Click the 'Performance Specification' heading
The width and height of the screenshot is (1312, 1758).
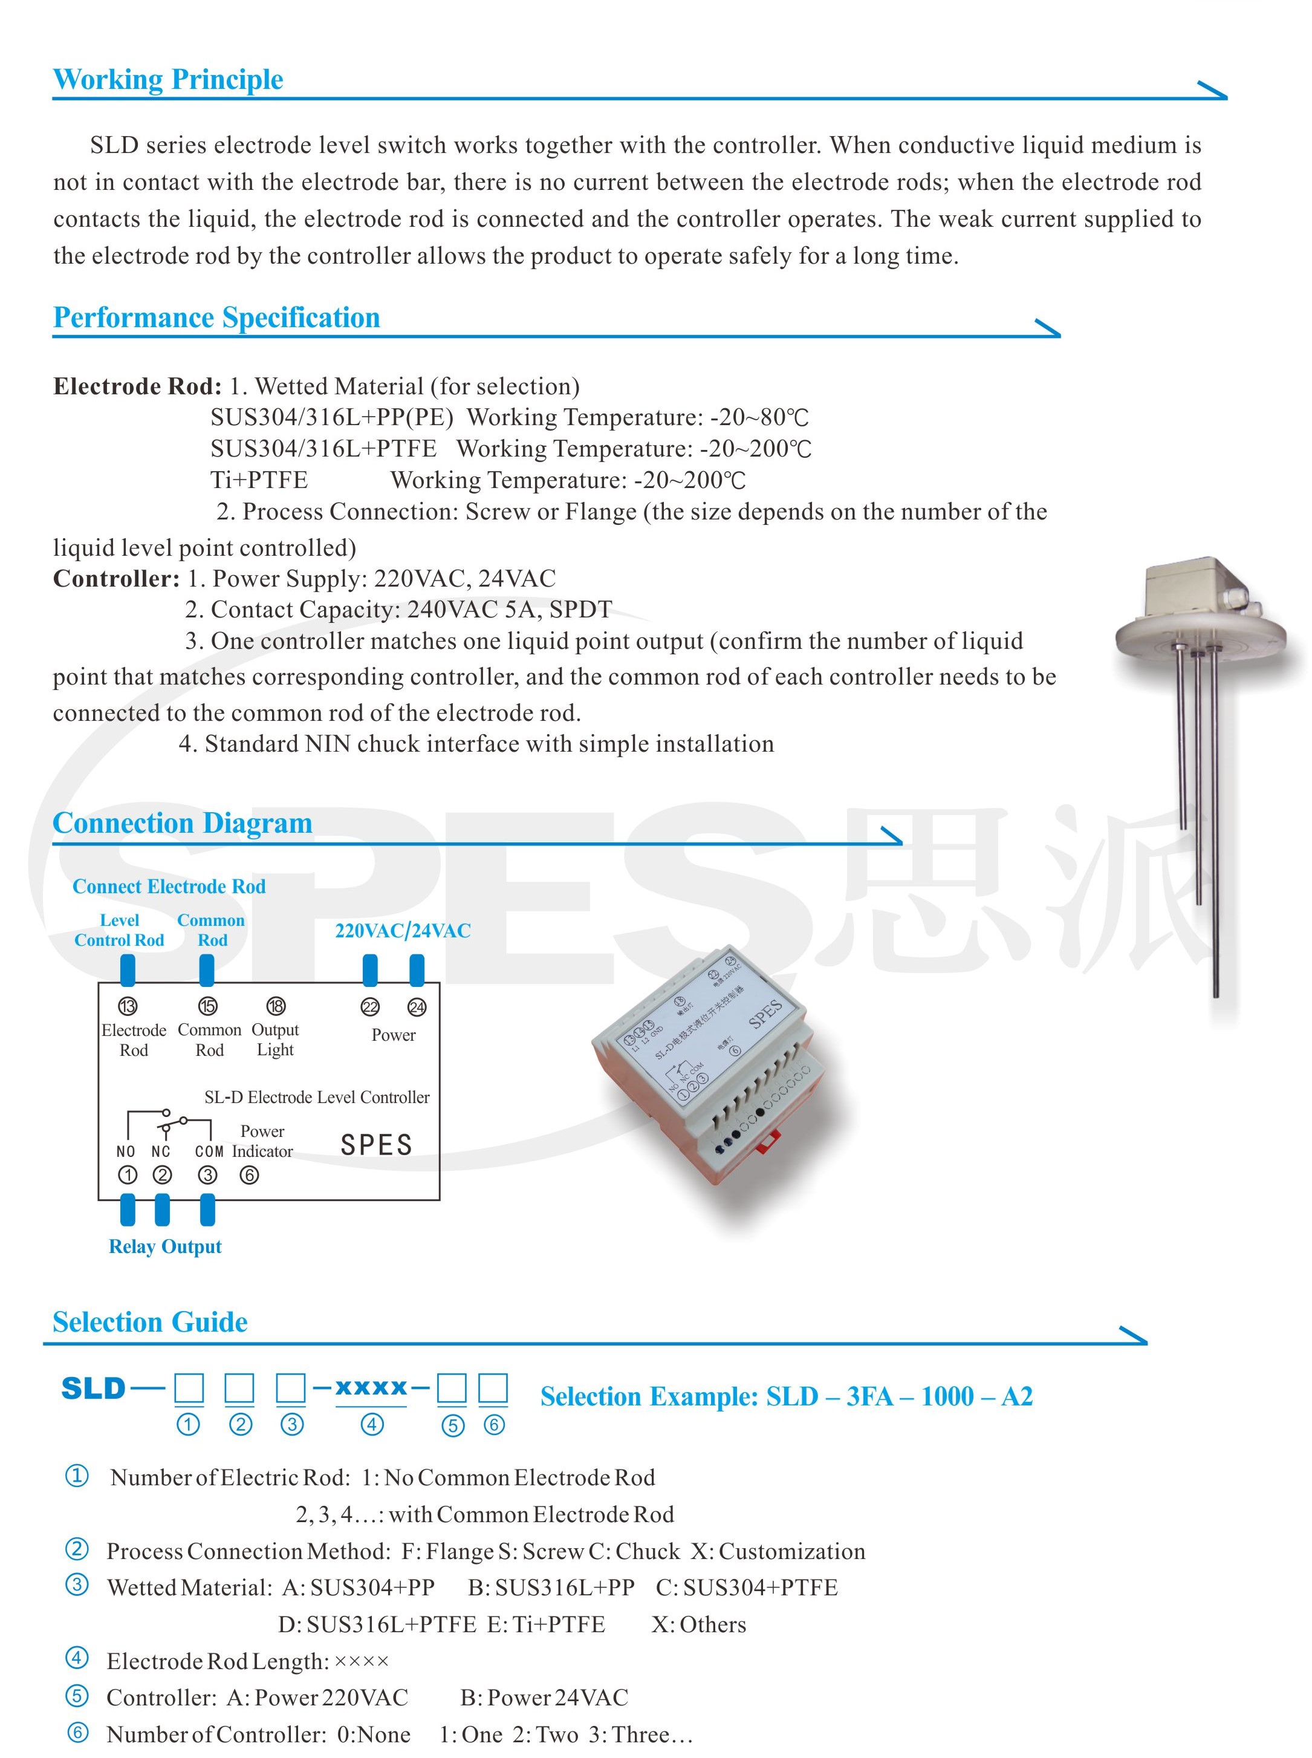pos(216,317)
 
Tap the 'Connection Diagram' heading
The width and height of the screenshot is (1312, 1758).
pos(182,823)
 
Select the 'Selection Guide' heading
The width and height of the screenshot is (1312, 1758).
pos(149,1322)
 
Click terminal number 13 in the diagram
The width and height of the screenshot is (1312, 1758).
pos(127,1006)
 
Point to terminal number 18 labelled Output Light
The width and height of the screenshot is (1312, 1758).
pos(276,1006)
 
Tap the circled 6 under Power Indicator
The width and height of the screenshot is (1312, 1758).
pos(248,1175)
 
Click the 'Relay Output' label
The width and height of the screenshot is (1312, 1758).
pos(165,1246)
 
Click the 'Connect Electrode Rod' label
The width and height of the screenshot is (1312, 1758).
pos(169,887)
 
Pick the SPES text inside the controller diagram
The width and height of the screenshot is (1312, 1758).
pos(377,1145)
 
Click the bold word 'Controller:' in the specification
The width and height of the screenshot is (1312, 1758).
pos(117,578)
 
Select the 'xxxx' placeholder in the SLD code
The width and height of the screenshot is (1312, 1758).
pos(371,1388)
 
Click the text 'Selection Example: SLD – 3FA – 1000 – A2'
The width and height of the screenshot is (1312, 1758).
pos(786,1396)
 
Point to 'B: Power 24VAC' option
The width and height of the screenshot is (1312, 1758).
pos(544,1697)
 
